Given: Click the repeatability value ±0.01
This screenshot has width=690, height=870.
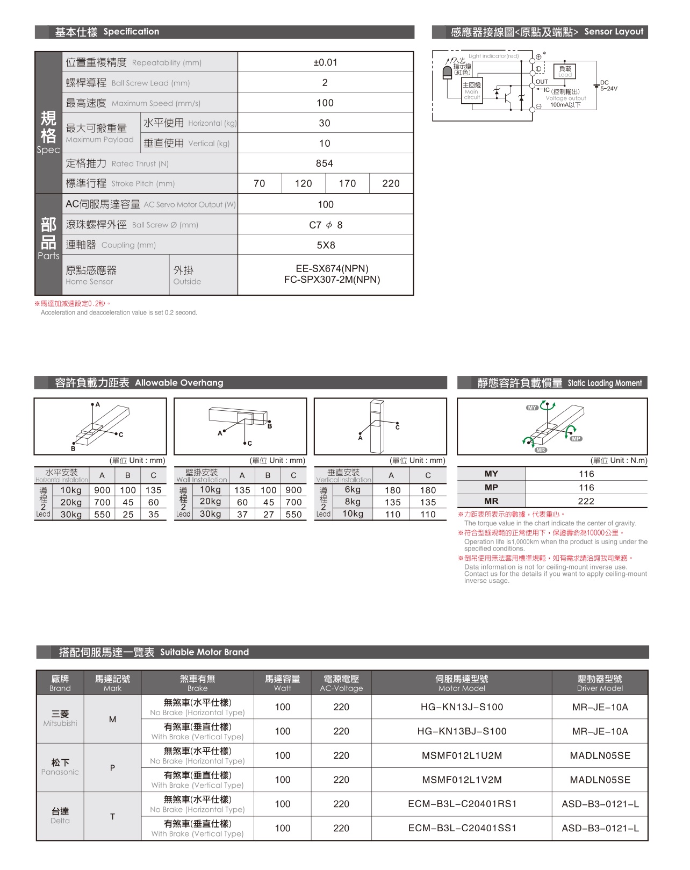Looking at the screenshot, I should (x=325, y=62).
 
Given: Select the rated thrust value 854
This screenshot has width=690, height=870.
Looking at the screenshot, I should (x=325, y=163).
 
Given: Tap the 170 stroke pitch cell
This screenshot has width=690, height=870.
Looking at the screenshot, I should (x=347, y=183).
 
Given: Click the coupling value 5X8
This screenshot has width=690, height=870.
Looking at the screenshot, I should (x=326, y=245).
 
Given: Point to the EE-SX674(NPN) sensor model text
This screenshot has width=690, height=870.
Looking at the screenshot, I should (x=332, y=269).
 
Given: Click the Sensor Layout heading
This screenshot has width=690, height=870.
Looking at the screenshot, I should (x=614, y=32).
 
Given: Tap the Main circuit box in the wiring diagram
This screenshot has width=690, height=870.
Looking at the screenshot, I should (x=472, y=91).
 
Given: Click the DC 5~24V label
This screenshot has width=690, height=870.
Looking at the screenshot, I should (x=608, y=86).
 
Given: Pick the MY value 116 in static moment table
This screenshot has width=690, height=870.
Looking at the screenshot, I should (x=586, y=474).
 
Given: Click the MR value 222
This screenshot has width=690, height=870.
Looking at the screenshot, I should (x=586, y=501).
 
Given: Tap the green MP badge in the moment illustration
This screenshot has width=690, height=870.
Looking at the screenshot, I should (x=576, y=439).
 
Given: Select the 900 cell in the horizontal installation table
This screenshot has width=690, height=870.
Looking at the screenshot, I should (x=102, y=490).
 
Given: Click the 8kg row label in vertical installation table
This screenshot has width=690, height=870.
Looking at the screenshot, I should (x=353, y=502).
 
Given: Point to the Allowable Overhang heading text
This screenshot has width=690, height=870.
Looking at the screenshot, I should (x=179, y=383).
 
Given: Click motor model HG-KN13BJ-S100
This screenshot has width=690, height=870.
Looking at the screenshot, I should (x=462, y=731).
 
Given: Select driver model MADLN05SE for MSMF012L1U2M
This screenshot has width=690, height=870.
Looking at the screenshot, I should (x=600, y=755).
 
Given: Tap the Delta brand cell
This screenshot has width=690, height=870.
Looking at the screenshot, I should (x=60, y=816).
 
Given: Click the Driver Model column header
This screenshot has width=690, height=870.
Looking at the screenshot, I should (x=600, y=683).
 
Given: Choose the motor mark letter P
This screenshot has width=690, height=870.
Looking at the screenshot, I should (x=112, y=768).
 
